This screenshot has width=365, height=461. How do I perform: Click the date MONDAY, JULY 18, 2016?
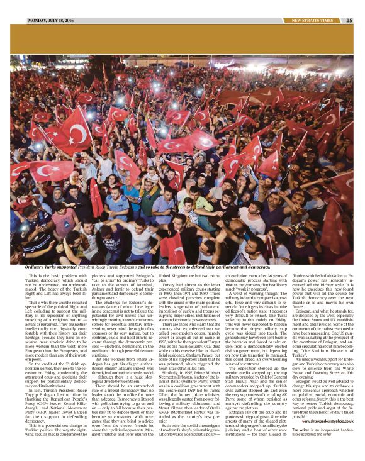(52, 21)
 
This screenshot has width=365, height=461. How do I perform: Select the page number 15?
(349, 21)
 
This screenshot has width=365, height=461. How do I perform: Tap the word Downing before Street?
(315, 367)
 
